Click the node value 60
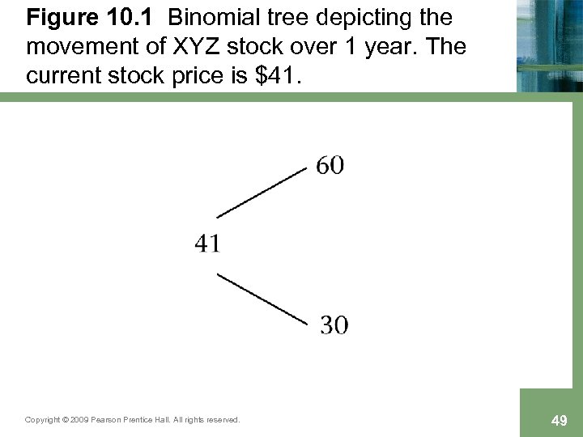point(330,166)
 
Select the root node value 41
point(208,242)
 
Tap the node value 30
point(334,325)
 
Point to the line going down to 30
point(262,299)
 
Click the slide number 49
point(558,420)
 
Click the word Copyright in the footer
point(40,420)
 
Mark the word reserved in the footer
point(222,420)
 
